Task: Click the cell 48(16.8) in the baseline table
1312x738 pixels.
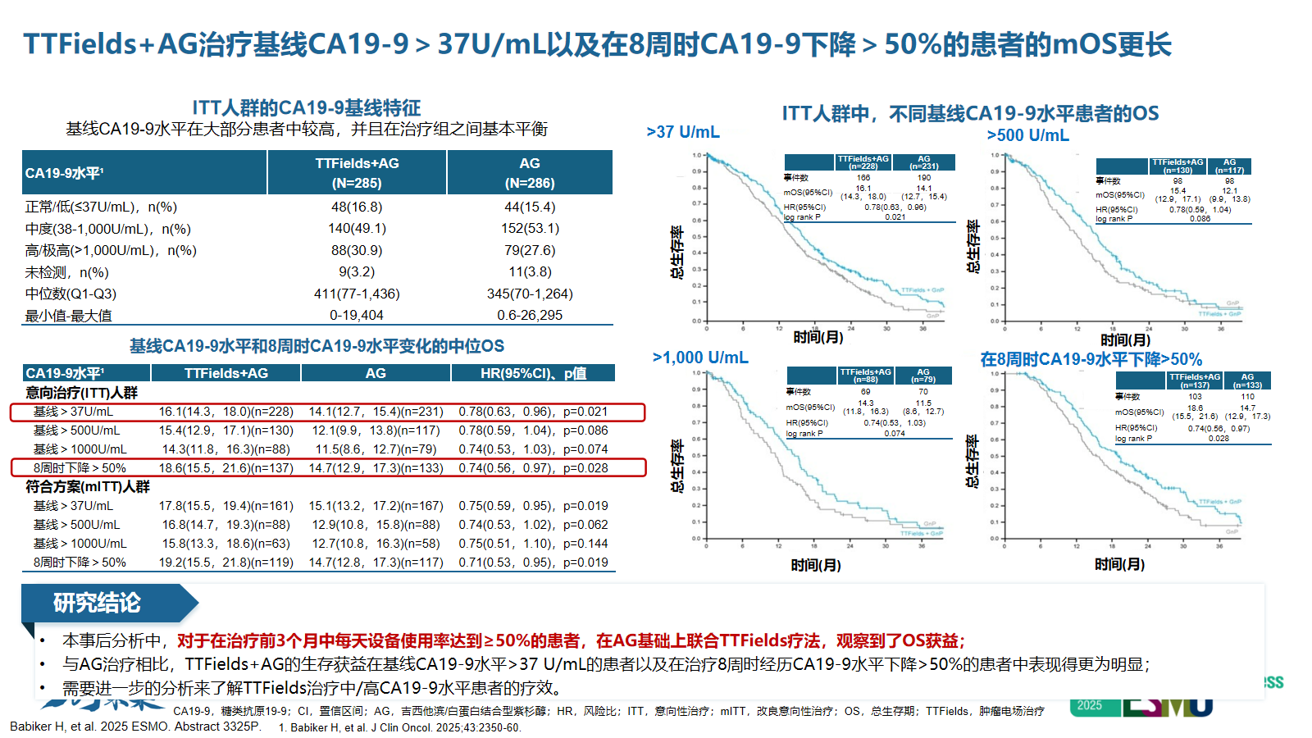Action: (357, 207)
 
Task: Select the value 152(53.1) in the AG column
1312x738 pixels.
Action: (530, 229)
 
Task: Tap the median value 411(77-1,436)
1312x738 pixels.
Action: (357, 294)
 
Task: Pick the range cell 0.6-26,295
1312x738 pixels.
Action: (530, 316)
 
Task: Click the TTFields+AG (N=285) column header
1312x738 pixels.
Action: (357, 173)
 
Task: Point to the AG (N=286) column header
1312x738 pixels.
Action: (530, 173)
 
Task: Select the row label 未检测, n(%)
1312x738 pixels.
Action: (66, 272)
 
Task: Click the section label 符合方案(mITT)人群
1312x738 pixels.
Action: (88, 487)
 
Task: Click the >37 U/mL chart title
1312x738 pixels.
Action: (683, 132)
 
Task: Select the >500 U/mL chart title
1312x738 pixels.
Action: (1027, 135)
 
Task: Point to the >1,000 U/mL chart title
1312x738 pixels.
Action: (700, 358)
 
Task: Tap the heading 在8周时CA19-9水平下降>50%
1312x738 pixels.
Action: (1091, 359)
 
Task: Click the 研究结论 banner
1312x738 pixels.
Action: (98, 604)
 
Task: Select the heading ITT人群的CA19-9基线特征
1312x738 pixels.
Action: (306, 107)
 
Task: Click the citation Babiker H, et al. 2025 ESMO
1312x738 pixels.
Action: (135, 727)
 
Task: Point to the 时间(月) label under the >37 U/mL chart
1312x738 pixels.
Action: (818, 337)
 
